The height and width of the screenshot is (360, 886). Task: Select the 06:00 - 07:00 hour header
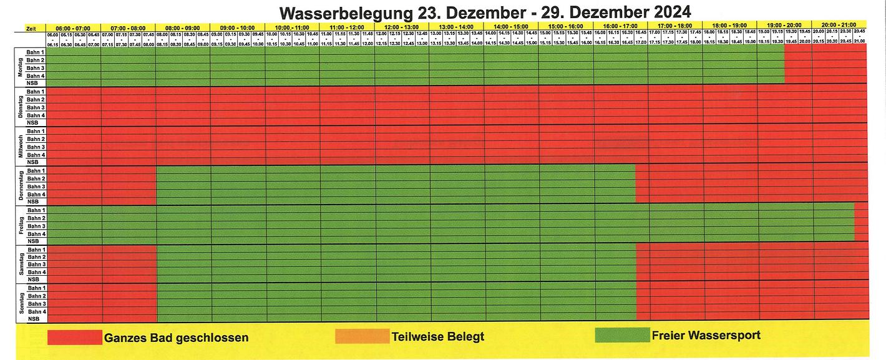[x=74, y=27]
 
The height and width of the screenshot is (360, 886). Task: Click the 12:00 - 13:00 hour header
[x=401, y=27]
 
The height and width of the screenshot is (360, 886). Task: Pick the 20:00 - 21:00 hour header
[x=839, y=24]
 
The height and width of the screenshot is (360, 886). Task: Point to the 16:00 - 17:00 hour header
[x=620, y=27]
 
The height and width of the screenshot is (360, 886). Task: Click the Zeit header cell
[x=31, y=28]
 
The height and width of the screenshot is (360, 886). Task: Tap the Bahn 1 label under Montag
[x=36, y=52]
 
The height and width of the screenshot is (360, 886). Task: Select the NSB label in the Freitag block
[x=34, y=241]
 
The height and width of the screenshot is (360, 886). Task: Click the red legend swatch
[x=74, y=337]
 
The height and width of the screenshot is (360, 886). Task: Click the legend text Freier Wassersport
[x=706, y=336]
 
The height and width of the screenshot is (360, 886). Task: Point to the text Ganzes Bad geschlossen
[x=177, y=338]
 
